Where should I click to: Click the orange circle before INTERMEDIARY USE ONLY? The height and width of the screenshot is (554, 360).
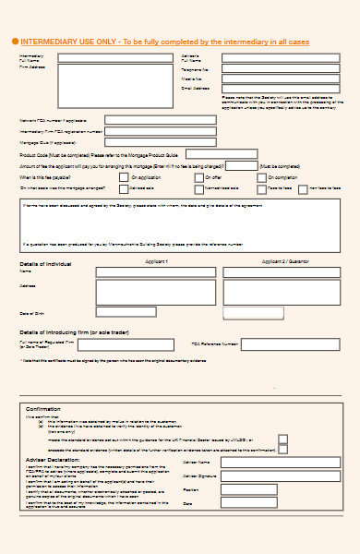click(15, 42)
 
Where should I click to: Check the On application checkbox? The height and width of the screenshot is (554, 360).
click(126, 175)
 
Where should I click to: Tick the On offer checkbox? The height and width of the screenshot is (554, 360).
click(199, 175)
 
